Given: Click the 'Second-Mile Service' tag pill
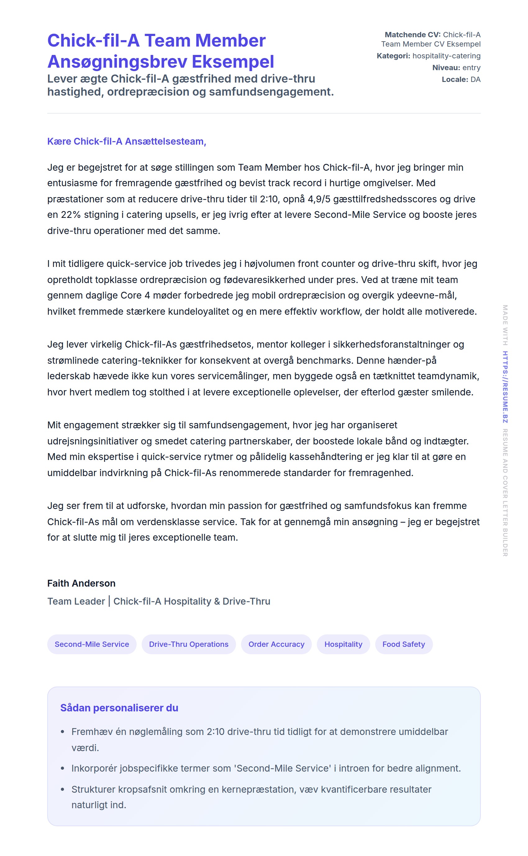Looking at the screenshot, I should pyautogui.click(x=92, y=644).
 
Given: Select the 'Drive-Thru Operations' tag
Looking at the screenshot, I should pyautogui.click(x=189, y=644).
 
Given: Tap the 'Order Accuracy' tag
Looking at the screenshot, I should pyautogui.click(x=276, y=644).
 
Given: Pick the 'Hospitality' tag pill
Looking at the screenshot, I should pyautogui.click(x=343, y=644).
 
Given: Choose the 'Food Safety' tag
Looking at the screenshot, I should pyautogui.click(x=404, y=644).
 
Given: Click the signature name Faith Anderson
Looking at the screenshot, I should pyautogui.click(x=81, y=583).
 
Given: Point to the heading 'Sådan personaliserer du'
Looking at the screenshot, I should pyautogui.click(x=119, y=708).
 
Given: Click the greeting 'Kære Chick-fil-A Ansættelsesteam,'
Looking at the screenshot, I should pyautogui.click(x=127, y=141).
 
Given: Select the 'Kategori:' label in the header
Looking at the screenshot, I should pyautogui.click(x=394, y=56).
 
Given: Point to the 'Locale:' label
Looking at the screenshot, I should pyautogui.click(x=455, y=79).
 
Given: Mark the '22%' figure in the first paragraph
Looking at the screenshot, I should pyautogui.click(x=71, y=214).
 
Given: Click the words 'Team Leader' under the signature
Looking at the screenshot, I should pyautogui.click(x=76, y=601).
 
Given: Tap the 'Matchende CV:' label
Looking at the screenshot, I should pyautogui.click(x=412, y=35).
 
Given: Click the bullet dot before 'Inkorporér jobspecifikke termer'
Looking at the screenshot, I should pyautogui.click(x=62, y=768).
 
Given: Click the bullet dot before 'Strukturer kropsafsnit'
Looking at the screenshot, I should pyautogui.click(x=62, y=789).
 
